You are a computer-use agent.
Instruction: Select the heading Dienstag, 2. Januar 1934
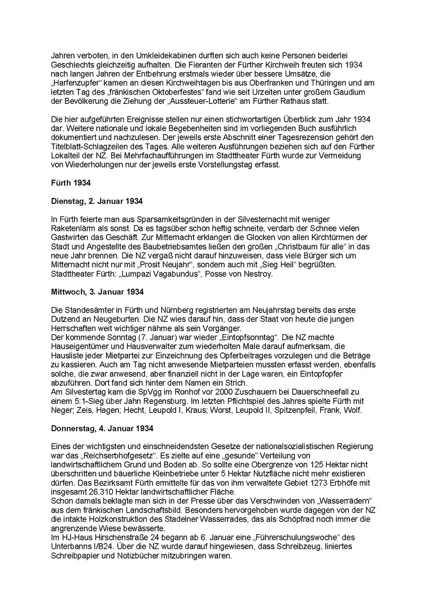click(97, 201)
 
